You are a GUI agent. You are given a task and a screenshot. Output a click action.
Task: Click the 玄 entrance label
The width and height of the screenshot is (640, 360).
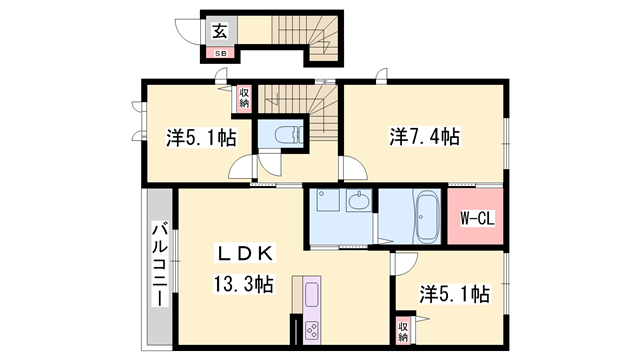218,29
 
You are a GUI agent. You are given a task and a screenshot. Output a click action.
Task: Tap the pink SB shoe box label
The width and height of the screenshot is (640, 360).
219,51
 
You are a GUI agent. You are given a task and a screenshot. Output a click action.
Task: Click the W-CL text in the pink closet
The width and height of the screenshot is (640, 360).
473,218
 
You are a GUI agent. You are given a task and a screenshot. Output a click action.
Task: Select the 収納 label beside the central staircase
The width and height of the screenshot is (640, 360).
244,97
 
